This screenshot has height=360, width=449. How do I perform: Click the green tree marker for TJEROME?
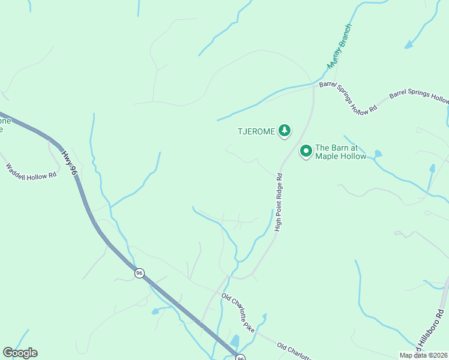tap(285, 130)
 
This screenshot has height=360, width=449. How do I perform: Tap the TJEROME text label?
tap(256, 131)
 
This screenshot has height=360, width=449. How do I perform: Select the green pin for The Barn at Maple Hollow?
tap(306, 151)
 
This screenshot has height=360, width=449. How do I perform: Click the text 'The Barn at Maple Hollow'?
tap(340, 152)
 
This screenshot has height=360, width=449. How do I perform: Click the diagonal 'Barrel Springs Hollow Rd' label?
tap(348, 97)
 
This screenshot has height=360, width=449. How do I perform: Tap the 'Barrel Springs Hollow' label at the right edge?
tap(419, 97)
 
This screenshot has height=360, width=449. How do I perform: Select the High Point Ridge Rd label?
tap(279, 202)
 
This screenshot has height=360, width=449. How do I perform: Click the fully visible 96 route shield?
tap(139, 273)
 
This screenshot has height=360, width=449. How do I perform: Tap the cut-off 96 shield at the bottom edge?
tap(240, 357)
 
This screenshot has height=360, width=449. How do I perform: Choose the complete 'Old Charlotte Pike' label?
tap(238, 313)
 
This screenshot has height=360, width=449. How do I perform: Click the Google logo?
tap(20, 353)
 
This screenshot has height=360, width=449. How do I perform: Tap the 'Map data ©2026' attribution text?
tap(423, 355)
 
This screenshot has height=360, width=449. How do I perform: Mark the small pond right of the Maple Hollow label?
tap(377, 154)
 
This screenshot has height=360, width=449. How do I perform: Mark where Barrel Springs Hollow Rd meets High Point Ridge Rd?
tap(313, 87)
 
